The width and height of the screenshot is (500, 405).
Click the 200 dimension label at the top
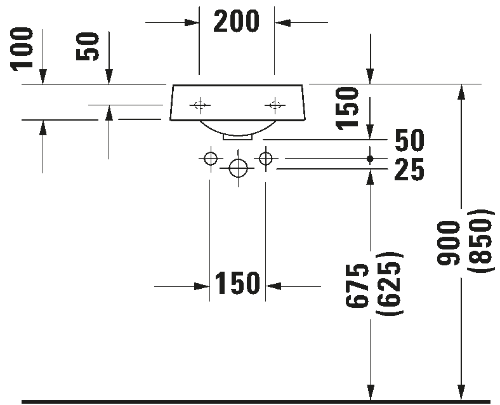tap(236, 22)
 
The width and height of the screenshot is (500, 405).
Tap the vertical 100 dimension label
tap(22, 49)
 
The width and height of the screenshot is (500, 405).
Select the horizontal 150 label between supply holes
tap(237, 283)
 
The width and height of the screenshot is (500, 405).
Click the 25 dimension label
tap(409, 169)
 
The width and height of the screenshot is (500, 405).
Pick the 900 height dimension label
tap(449, 243)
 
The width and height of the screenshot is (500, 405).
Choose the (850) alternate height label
tap(481, 241)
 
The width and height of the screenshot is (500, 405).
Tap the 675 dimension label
tap(357, 286)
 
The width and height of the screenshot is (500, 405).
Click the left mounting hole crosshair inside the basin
tap(200, 105)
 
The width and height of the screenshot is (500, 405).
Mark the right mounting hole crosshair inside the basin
tap(275, 105)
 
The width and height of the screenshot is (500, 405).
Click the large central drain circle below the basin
tap(238, 168)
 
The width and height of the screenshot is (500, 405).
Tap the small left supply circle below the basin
tap(210, 158)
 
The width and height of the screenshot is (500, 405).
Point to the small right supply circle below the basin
tap(266, 158)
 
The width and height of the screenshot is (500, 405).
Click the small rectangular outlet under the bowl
tap(238, 137)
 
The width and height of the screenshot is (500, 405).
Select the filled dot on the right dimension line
tap(370, 159)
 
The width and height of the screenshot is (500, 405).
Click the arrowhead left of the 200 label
tap(192, 23)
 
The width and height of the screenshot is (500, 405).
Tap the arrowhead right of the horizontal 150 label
tap(273, 286)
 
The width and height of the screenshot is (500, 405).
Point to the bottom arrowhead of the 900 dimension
tap(461, 392)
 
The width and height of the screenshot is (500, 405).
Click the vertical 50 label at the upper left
tap(88, 46)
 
